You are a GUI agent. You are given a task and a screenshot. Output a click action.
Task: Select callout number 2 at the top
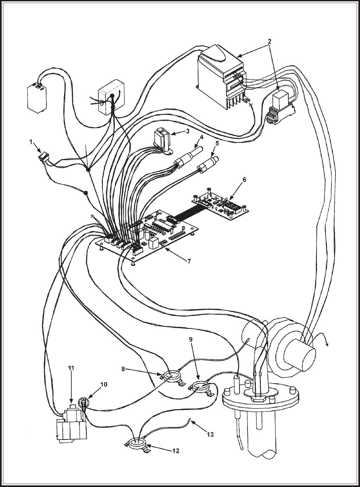click(269, 41)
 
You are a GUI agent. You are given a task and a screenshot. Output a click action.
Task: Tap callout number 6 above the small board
click(244, 180)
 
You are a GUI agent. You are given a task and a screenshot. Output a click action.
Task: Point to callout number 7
click(189, 261)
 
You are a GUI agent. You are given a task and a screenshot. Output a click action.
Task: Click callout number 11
click(71, 368)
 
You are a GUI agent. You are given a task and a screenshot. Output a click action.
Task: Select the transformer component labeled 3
click(162, 139)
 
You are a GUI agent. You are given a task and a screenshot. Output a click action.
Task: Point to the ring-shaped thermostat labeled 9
click(200, 387)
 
